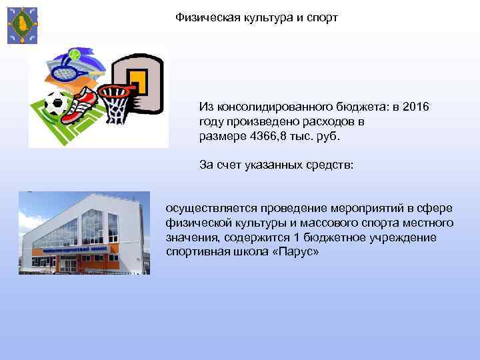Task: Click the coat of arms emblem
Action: [22, 25]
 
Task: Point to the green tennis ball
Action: [75, 53]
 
